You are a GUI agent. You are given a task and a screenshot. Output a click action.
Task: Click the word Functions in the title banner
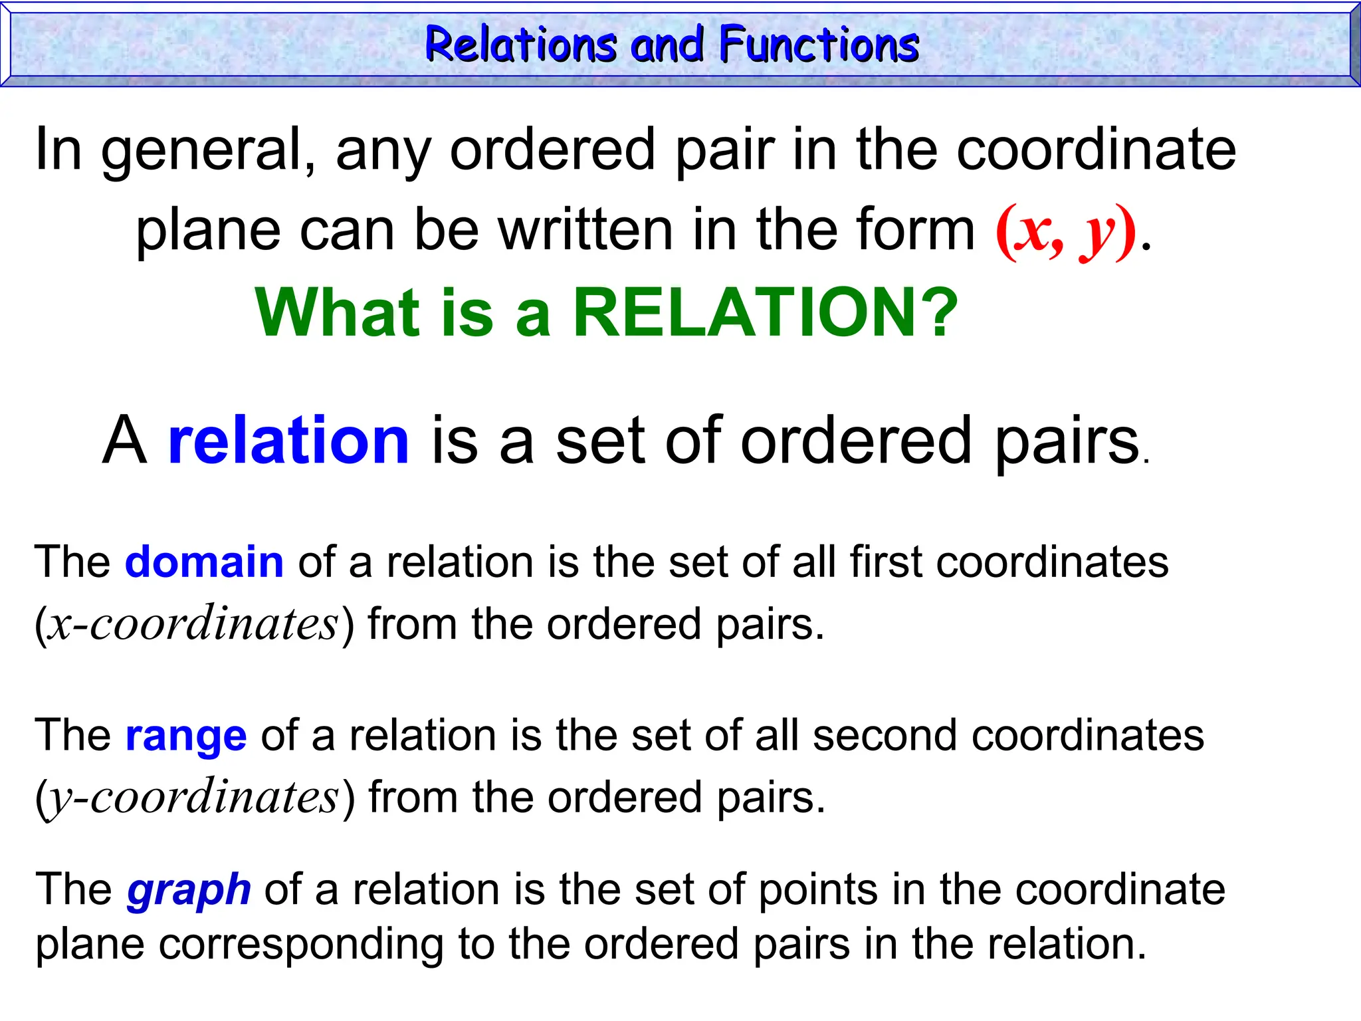819,45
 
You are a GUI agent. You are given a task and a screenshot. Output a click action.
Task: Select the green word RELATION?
765,312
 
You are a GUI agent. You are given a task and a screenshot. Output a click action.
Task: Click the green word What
338,312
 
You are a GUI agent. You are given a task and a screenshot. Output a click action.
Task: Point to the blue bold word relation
288,440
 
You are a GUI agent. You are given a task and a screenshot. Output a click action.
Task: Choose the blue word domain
204,562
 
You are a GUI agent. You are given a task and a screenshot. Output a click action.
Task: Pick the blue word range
186,735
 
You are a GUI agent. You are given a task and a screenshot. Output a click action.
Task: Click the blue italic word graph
189,889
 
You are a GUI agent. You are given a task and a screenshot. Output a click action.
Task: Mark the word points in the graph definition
817,889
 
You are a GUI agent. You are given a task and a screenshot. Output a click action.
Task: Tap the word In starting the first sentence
58,150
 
